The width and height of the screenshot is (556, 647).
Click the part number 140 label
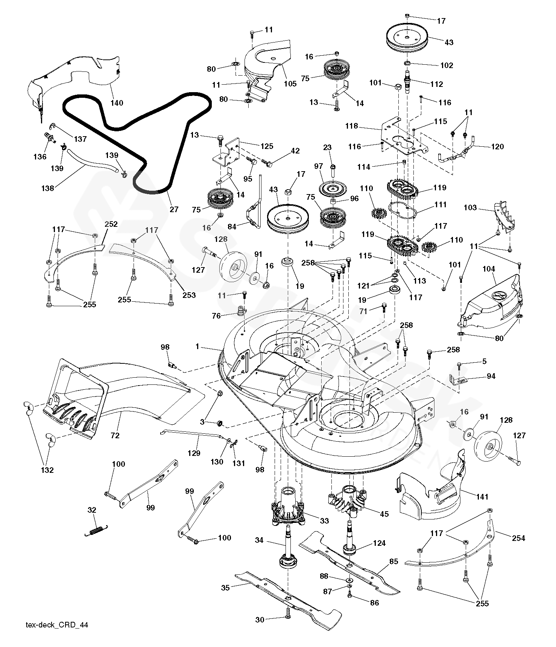click(117, 103)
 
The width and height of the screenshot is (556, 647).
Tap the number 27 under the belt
click(174, 210)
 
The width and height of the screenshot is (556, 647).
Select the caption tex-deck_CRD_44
click(57, 625)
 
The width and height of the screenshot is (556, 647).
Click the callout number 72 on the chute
click(115, 435)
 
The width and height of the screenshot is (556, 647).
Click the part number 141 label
click(482, 497)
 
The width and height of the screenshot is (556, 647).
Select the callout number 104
click(489, 269)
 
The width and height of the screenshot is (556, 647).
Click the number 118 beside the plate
click(352, 126)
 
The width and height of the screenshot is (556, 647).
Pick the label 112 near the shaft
click(437, 84)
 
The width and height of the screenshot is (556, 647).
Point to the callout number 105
click(290, 84)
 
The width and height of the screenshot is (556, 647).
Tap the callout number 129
click(194, 453)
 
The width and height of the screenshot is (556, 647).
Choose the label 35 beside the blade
click(225, 588)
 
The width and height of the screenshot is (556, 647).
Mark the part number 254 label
click(518, 538)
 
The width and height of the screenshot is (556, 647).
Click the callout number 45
click(384, 514)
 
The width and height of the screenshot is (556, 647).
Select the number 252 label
click(111, 224)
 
